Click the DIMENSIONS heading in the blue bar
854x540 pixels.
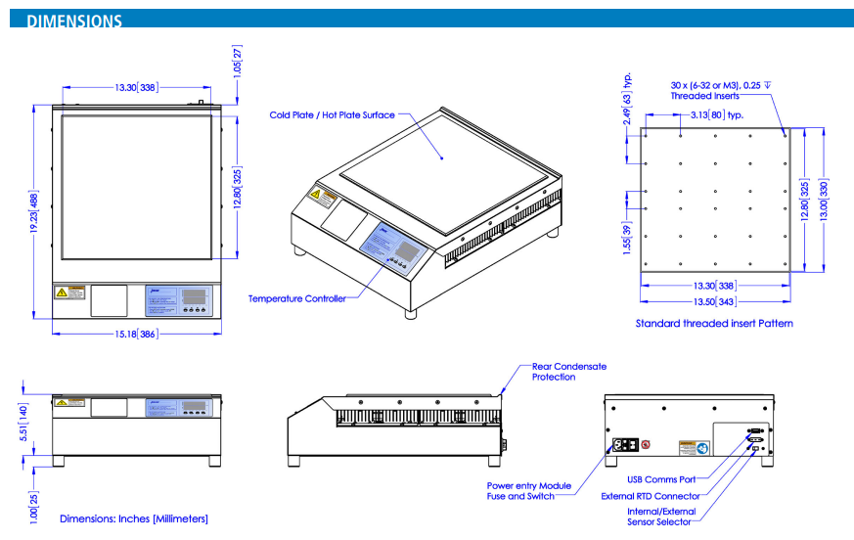point(74,21)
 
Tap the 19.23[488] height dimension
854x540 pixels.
point(35,211)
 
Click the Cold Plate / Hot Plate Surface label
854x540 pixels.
point(333,115)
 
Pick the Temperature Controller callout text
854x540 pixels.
point(296,298)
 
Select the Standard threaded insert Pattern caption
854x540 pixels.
point(714,323)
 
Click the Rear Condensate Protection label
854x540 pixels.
point(568,372)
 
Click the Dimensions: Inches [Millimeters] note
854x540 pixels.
point(134,518)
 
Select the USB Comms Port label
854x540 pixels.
point(662,479)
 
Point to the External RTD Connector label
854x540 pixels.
point(651,496)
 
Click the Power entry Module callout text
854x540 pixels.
point(528,485)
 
